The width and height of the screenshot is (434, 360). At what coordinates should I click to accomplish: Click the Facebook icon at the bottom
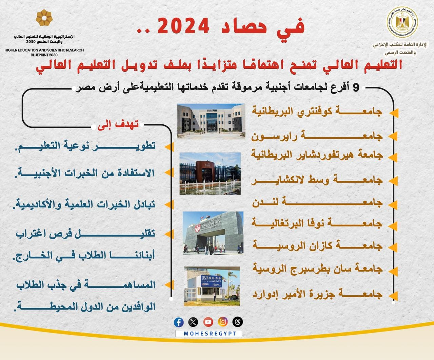click(x=179, y=322)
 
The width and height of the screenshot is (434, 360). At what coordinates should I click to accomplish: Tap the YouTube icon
click(x=208, y=322)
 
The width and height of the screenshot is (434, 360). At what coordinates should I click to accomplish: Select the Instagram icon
click(x=223, y=322)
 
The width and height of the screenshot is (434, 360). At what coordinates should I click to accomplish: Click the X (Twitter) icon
click(x=193, y=322)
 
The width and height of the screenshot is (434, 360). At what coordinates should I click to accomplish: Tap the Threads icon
click(x=237, y=322)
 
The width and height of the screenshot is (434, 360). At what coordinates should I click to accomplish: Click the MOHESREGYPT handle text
click(x=209, y=334)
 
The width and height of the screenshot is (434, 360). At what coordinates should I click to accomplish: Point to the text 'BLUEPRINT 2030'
click(x=44, y=55)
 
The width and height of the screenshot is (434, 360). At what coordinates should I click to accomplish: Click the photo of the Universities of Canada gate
click(x=213, y=233)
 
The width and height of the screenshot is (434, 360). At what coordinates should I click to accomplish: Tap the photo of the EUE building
click(x=212, y=286)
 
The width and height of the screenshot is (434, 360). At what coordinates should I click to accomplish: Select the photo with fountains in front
click(x=210, y=174)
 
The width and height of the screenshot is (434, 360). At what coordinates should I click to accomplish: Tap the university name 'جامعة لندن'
click(x=317, y=203)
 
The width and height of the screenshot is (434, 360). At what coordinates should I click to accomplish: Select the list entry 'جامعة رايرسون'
click(x=317, y=136)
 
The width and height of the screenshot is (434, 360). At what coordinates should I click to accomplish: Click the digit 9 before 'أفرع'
click(x=356, y=88)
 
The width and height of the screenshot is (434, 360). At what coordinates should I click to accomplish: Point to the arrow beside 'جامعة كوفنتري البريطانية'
click(x=393, y=112)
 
